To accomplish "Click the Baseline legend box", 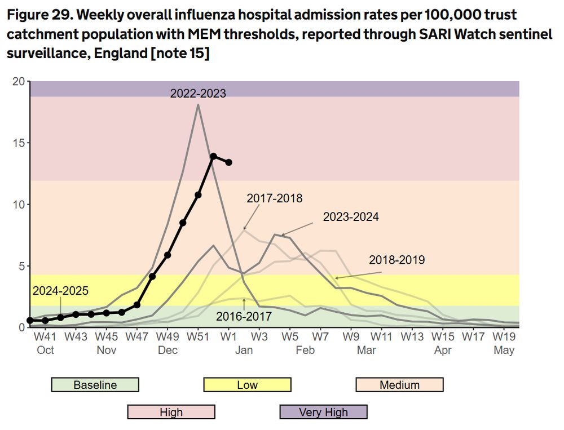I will coord(95,385).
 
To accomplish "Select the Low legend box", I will coord(247,385).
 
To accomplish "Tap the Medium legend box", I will coord(399,385).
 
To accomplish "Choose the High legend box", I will coord(171,412).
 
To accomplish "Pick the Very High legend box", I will coord(323,412).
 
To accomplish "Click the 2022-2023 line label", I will coord(198,94).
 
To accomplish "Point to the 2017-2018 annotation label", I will coord(275,198).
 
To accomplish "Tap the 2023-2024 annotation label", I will coord(351,216).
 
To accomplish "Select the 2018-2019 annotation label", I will coord(396,260).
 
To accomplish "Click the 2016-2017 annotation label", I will coord(244,316).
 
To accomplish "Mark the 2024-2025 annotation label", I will coord(60,291).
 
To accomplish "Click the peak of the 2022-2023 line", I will coord(198,104).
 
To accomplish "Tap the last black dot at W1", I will coord(228,162).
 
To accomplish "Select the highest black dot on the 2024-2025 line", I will coord(213,156).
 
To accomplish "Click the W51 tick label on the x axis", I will coord(198,337).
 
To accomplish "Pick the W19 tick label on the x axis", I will coord(504,337).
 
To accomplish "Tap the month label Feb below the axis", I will coord(305,350).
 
